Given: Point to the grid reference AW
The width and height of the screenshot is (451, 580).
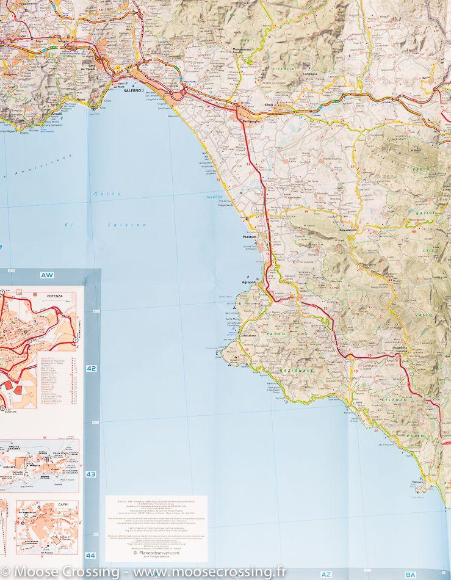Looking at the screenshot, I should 46,275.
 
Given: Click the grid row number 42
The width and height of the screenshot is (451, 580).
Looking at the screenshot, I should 91,369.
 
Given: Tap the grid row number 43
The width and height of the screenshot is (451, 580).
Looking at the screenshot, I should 91,474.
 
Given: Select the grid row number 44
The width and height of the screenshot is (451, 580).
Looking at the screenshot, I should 91,555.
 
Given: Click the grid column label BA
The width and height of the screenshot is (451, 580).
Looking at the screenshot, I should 410,575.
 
